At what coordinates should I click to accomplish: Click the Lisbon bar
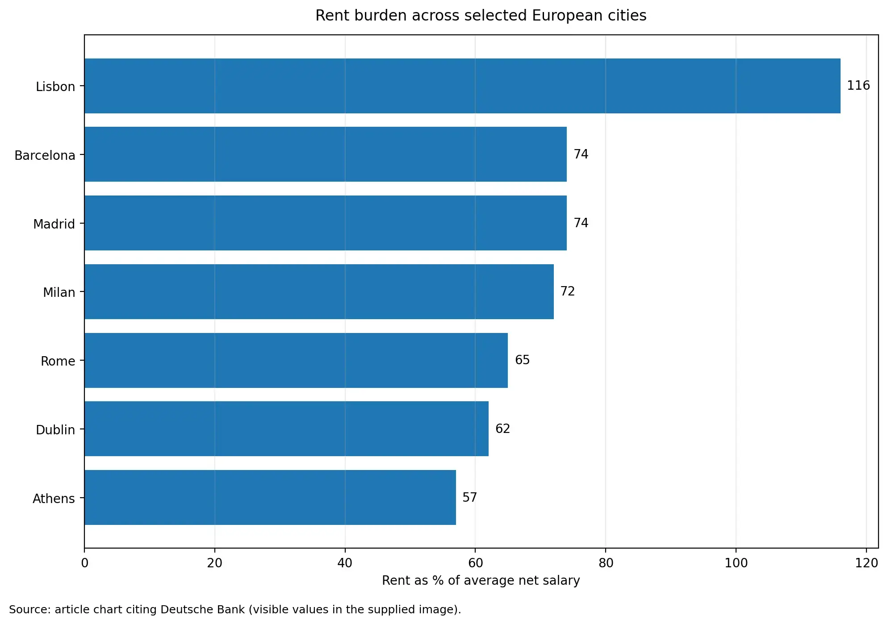[462, 86]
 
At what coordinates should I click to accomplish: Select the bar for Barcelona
[325, 154]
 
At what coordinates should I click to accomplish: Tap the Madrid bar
[325, 223]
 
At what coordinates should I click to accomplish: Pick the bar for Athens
[270, 498]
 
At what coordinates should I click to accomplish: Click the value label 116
[858, 86]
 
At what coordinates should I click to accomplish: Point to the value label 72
[567, 291]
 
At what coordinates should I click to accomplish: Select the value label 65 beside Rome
[522, 360]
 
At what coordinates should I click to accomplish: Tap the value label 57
[469, 498]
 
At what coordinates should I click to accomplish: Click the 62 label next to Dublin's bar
[502, 429]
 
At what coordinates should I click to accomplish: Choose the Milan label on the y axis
[59, 293]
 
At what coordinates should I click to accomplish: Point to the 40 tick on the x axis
[345, 563]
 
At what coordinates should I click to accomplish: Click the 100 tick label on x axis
[736, 563]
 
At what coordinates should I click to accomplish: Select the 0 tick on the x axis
[84, 563]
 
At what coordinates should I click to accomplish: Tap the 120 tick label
[866, 563]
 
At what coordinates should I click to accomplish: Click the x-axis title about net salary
[481, 581]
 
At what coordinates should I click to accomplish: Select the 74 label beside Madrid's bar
[581, 223]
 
